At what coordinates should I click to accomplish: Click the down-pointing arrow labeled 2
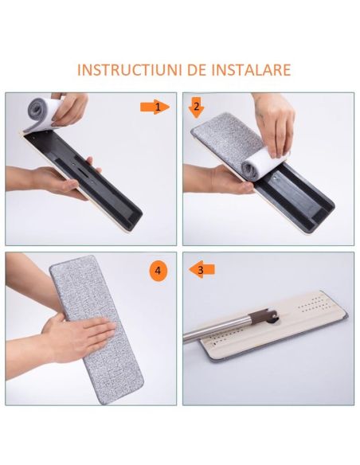[x=196, y=107]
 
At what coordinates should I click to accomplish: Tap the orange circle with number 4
[x=159, y=271]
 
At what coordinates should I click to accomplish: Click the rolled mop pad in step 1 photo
[x=37, y=112]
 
